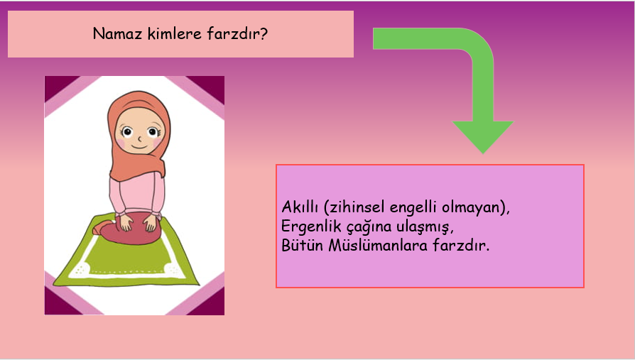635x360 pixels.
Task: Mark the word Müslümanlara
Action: pos(375,249)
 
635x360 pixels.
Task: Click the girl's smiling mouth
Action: pos(139,144)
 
